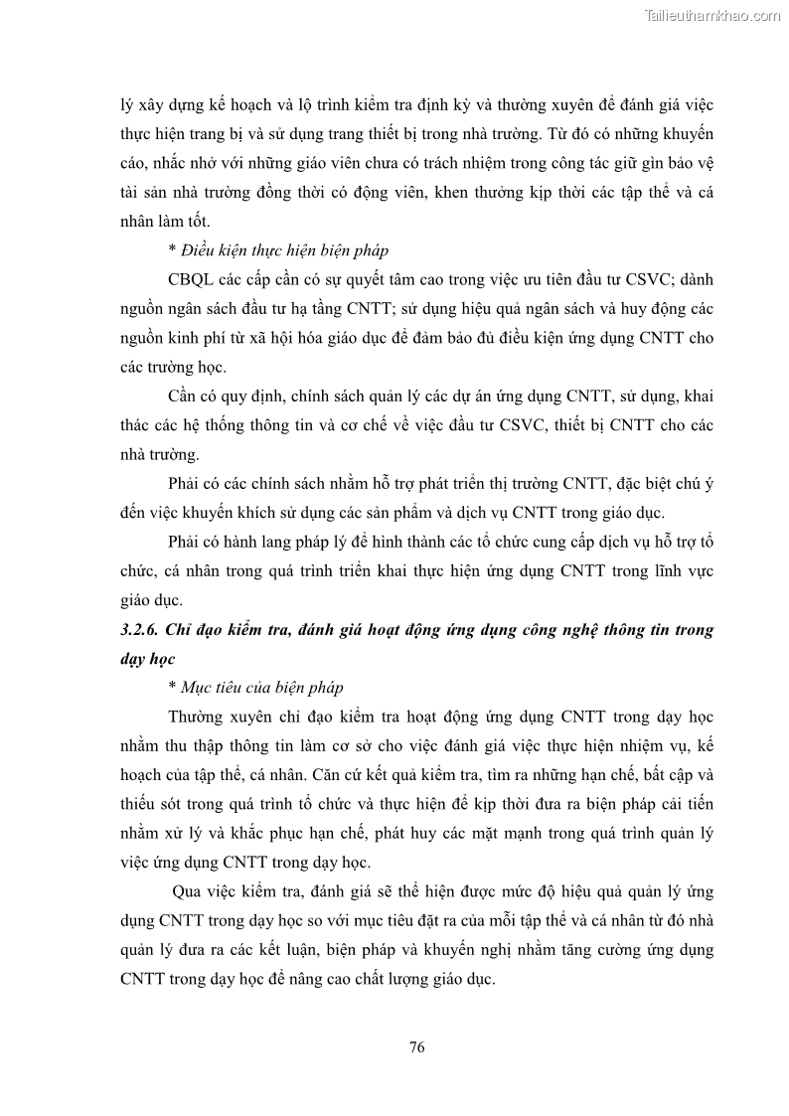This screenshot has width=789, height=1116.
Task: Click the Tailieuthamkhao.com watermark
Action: tap(712, 15)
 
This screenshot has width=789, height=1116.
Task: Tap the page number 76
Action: tap(417, 1046)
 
